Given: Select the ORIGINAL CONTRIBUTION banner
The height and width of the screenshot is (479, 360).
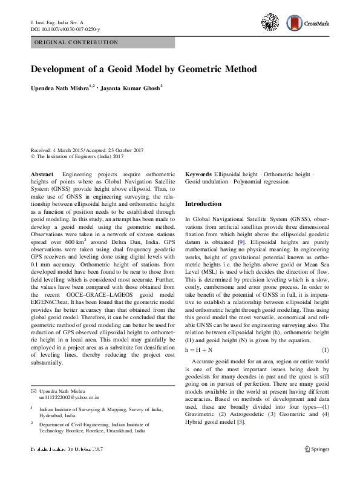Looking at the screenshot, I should [x=74, y=43].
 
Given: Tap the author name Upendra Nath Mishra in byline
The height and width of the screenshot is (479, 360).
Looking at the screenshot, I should [x=60, y=88].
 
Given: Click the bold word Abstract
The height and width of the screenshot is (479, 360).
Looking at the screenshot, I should [x=42, y=174].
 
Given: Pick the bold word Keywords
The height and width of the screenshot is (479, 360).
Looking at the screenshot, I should [x=198, y=174].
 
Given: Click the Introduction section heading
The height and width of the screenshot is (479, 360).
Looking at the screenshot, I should [x=203, y=204].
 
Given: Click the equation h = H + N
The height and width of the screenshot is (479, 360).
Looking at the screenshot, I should [x=199, y=351].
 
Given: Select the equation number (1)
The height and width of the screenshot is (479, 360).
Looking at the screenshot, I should [x=325, y=351].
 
